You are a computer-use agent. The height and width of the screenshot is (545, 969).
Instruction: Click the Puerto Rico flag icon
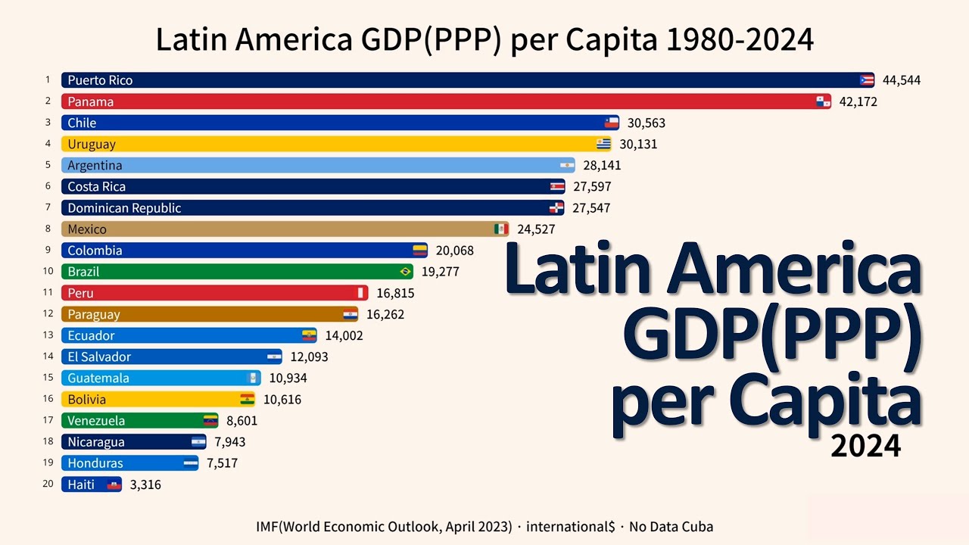[867, 80]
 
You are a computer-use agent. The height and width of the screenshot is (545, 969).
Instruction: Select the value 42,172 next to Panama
[858, 101]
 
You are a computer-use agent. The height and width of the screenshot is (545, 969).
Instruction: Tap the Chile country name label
[82, 123]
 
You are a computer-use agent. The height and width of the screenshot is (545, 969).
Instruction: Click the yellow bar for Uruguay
[333, 144]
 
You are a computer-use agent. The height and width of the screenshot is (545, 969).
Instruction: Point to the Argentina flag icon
[567, 165]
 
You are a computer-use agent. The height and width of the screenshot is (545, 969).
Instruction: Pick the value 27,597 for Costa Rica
[592, 186]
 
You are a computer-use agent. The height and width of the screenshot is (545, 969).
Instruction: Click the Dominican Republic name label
[124, 207]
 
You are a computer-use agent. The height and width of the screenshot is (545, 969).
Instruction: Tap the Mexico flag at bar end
[500, 229]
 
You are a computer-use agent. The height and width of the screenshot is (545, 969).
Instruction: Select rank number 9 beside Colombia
[47, 250]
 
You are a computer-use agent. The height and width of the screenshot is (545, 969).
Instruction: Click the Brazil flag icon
[405, 271]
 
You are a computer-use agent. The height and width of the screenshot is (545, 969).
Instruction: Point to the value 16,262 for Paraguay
[385, 314]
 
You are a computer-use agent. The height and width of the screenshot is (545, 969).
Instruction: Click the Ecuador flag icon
[309, 335]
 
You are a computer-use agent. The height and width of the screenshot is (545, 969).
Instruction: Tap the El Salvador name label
[99, 357]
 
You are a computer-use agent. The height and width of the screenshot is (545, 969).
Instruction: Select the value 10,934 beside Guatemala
[288, 378]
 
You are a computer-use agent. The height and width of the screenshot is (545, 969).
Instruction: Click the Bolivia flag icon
[248, 399]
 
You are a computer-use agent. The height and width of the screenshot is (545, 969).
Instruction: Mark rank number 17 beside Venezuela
[47, 420]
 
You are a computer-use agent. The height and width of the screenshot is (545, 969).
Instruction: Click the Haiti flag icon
[114, 484]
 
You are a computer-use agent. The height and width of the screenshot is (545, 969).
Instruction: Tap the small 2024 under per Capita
[865, 446]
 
